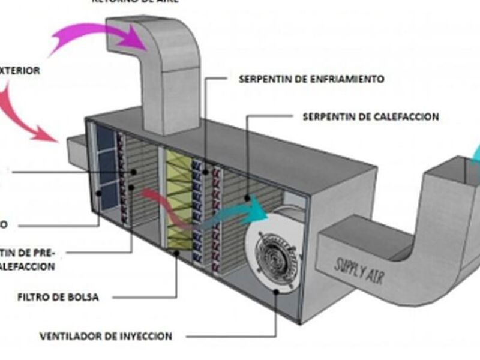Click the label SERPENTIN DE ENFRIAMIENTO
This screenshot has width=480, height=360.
(311, 79)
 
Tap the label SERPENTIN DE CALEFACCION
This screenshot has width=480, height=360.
(370, 116)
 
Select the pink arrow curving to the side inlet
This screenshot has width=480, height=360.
(24, 114)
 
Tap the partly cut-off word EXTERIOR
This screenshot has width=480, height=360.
(20, 71)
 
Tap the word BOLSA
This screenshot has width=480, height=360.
(85, 297)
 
